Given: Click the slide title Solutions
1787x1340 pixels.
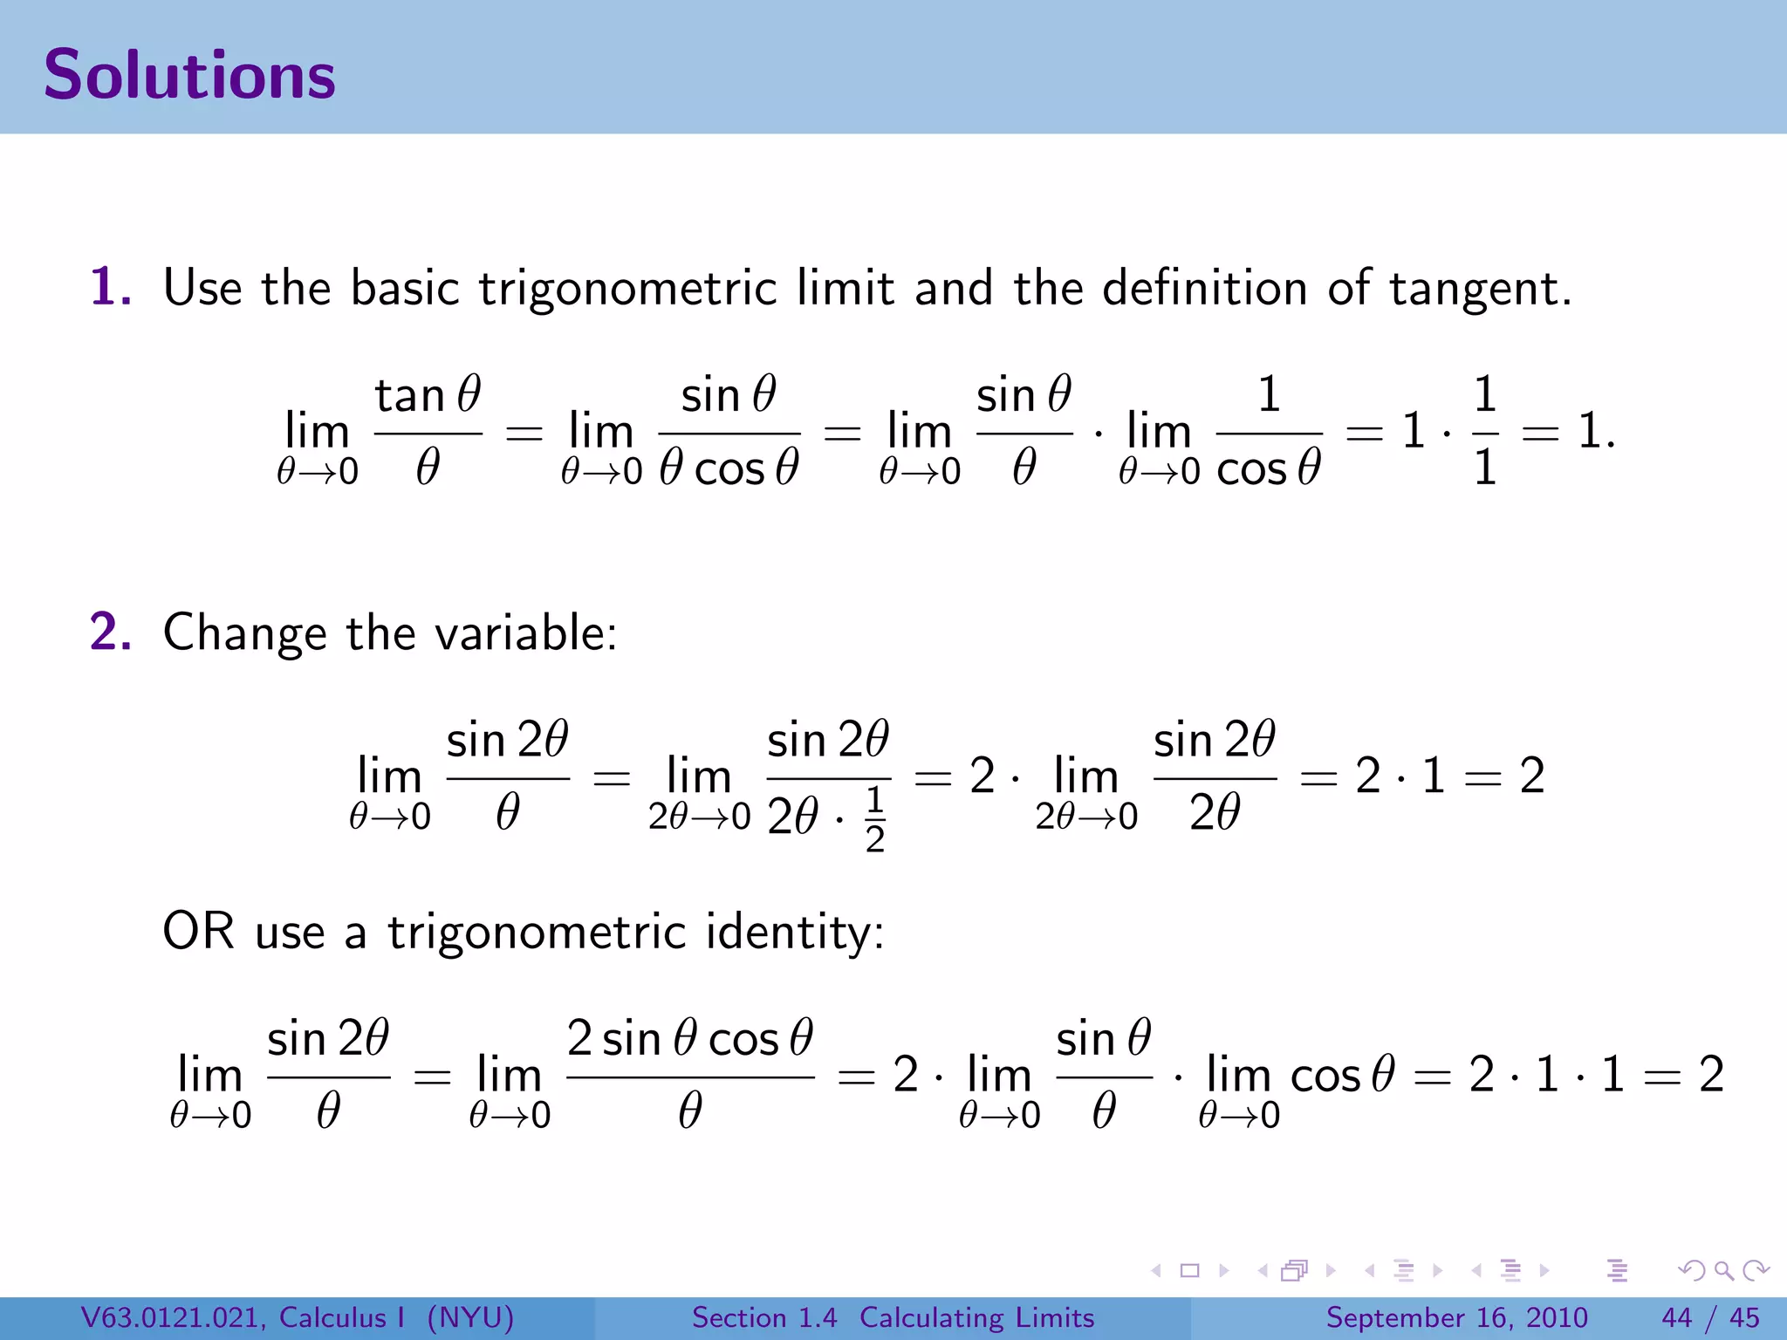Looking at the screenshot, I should [189, 75].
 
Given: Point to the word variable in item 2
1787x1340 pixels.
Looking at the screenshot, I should [525, 632].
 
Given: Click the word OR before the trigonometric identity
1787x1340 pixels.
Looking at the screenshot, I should [198, 931].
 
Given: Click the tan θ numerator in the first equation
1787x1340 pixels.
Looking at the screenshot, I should [428, 395].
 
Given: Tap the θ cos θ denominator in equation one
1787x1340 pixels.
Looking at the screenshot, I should [729, 468].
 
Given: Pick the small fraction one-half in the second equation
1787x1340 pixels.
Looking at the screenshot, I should [874, 819].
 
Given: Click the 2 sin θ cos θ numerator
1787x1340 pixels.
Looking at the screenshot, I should [689, 1039].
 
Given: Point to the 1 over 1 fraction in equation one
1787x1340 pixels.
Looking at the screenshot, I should [1484, 431].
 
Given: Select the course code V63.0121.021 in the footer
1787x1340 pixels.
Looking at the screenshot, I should [172, 1317].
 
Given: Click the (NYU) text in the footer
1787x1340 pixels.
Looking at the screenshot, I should [470, 1317].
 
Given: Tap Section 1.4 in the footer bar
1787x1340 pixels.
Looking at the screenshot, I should [764, 1317].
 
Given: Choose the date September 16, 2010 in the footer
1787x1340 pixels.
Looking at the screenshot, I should [1456, 1317].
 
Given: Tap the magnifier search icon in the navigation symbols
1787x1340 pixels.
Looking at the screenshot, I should [1723, 1270].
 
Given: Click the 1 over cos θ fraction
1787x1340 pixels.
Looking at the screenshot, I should [1269, 431].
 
